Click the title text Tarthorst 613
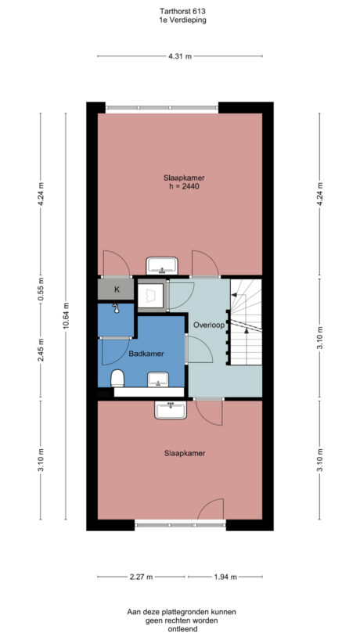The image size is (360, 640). point(180,13)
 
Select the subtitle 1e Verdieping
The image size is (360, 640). point(180,22)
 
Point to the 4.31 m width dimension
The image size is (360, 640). point(180,56)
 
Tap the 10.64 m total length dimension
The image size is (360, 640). point(67,318)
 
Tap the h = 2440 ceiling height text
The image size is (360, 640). point(179,187)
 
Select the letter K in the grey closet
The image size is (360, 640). point(116,289)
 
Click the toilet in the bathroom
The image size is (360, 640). point(118,379)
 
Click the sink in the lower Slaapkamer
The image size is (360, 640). point(169,408)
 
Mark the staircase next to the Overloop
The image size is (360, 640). point(245,322)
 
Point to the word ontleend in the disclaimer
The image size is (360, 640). point(180,627)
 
